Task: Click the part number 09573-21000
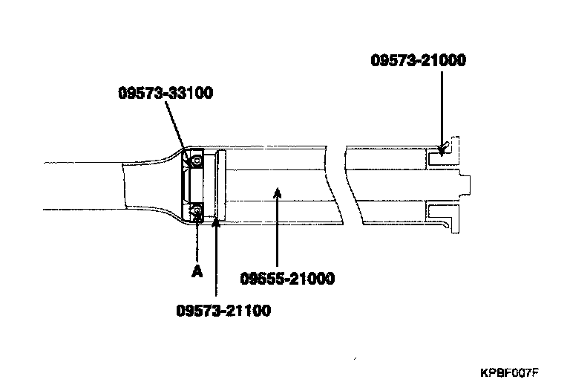pyautogui.click(x=418, y=61)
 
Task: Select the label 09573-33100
pyautogui.click(x=166, y=94)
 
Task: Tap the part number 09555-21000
pyautogui.click(x=287, y=279)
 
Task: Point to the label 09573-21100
pyautogui.click(x=223, y=311)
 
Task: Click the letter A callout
pyautogui.click(x=197, y=272)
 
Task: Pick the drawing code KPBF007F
pyautogui.click(x=508, y=372)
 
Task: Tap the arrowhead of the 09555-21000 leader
pyautogui.click(x=276, y=193)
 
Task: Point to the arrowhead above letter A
pyautogui.click(x=197, y=219)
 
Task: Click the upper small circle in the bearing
pyautogui.click(x=197, y=160)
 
